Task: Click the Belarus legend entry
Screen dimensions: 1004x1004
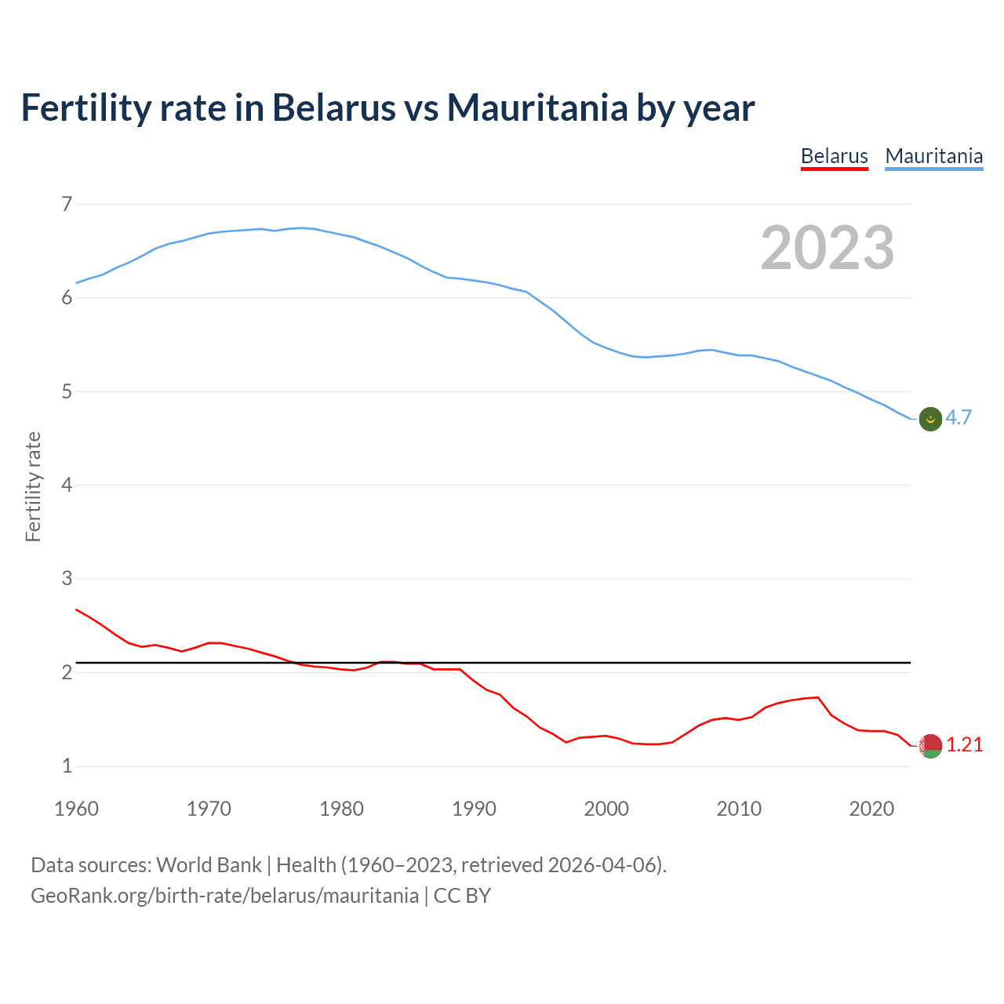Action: [834, 156]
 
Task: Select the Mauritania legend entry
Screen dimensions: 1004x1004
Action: [933, 156]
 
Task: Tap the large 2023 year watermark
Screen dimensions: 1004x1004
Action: [827, 248]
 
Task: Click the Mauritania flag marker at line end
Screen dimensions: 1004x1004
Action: [930, 419]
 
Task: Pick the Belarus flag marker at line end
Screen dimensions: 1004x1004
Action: [930, 746]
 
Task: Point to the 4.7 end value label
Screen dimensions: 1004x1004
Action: [959, 418]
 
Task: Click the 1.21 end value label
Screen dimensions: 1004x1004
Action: [964, 745]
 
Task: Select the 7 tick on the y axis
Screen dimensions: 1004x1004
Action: [67, 205]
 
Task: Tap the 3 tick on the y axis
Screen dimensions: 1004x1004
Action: [67, 579]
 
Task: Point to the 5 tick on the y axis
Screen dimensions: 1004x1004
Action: [67, 391]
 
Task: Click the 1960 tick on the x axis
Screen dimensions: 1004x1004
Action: [76, 809]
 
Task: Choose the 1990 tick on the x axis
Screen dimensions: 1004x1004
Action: [474, 809]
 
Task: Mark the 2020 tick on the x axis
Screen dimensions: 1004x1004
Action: [871, 809]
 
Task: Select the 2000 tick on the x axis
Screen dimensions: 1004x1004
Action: [606, 809]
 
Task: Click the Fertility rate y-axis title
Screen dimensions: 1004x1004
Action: [33, 486]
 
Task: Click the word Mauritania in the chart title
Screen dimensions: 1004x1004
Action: [537, 107]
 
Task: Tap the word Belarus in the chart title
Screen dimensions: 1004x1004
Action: [333, 107]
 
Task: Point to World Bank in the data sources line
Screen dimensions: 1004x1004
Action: [209, 865]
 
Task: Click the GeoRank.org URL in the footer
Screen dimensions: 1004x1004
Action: [224, 896]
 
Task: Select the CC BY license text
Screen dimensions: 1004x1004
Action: [462, 896]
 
